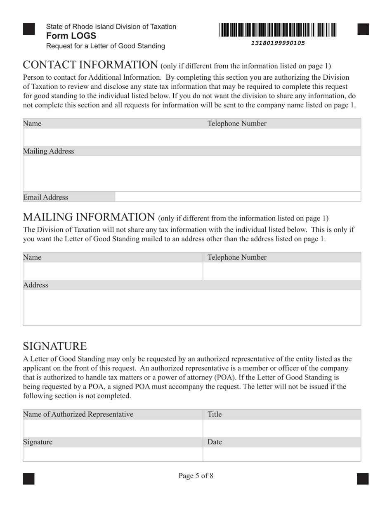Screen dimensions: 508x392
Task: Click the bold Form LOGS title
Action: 71,36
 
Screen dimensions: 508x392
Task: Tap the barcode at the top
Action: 278,30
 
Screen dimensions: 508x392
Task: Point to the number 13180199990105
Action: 278,43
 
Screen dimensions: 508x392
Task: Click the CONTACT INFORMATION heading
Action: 90,65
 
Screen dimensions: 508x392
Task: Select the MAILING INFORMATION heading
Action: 89,217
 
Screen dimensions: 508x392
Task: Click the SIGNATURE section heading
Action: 55,346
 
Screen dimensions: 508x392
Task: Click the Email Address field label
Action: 45,197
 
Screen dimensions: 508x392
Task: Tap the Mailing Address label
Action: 49,151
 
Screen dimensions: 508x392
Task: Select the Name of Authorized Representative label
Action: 78,414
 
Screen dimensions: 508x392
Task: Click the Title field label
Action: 215,414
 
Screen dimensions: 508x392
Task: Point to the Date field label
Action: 215,442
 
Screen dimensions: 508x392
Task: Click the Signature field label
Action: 38,442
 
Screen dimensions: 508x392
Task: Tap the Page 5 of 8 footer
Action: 196,476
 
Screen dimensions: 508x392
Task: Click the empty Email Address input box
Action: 238,197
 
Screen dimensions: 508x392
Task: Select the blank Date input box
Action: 282,454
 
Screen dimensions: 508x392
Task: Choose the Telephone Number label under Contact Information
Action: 237,123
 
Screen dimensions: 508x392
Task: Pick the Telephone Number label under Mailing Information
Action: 237,258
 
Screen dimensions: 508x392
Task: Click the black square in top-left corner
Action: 28,29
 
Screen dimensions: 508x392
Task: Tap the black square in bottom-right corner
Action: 363,479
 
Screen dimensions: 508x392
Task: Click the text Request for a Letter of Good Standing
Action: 106,46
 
